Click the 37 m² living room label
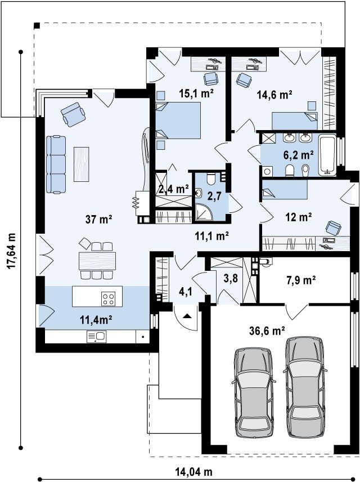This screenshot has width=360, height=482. pos(98,219)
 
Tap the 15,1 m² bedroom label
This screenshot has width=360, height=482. pos(196,93)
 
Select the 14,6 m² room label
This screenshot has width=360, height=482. pos(274,95)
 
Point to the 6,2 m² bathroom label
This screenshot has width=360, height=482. pos(298,155)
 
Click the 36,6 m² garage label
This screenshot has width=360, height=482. pos(266,331)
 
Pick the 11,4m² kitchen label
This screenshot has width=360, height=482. pos(96,320)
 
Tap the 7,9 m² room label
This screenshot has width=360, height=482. pos(301,280)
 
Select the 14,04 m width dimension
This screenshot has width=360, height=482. pos(194,471)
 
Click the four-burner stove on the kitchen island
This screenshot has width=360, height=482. pos(109,298)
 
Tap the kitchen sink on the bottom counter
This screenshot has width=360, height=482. pos(96,336)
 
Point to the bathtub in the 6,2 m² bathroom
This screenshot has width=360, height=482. pos(327,155)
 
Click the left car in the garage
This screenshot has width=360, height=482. pos(254,392)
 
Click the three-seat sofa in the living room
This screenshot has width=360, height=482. pos(56,165)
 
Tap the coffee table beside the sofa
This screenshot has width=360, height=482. pos(82,164)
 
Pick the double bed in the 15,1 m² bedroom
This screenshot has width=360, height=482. pos(178,120)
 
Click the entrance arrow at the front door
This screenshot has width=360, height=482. pos(187,316)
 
